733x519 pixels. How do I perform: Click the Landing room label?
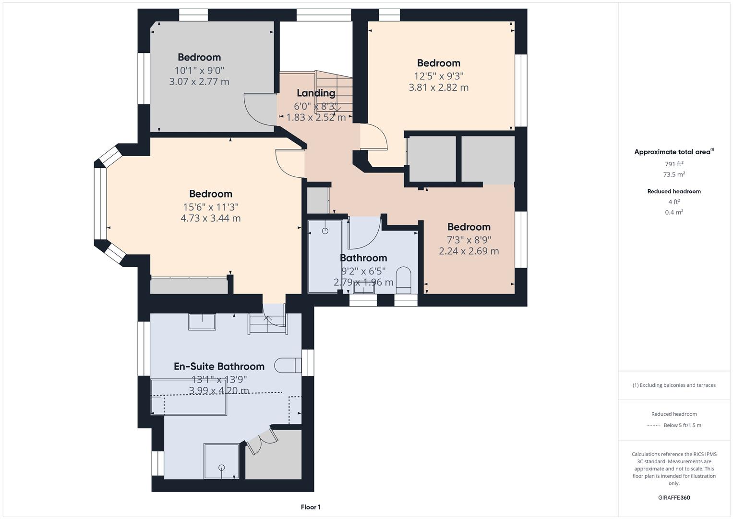tap(315, 93)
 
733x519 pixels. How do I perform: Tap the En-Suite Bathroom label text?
tap(219, 366)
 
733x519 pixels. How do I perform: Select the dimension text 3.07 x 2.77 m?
tap(199, 82)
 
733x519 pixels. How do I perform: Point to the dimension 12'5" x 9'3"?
tap(438, 76)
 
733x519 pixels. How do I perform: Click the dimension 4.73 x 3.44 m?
tap(210, 218)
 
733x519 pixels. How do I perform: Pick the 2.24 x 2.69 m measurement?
tap(469, 251)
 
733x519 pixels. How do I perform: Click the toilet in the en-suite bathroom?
tap(288, 365)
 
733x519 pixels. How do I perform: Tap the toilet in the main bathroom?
tap(404, 279)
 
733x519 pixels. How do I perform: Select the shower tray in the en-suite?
tap(221, 461)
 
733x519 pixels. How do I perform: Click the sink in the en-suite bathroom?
tap(202, 321)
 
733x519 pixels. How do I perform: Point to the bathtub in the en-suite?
tap(189, 397)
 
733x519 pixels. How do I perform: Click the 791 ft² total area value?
tap(673, 164)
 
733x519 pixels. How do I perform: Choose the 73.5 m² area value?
tap(673, 174)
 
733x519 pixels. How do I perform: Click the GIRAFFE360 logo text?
tap(673, 497)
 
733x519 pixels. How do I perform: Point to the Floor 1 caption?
tap(311, 507)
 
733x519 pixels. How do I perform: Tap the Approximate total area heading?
tap(672, 152)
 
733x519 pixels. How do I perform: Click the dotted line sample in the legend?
tap(653, 425)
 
